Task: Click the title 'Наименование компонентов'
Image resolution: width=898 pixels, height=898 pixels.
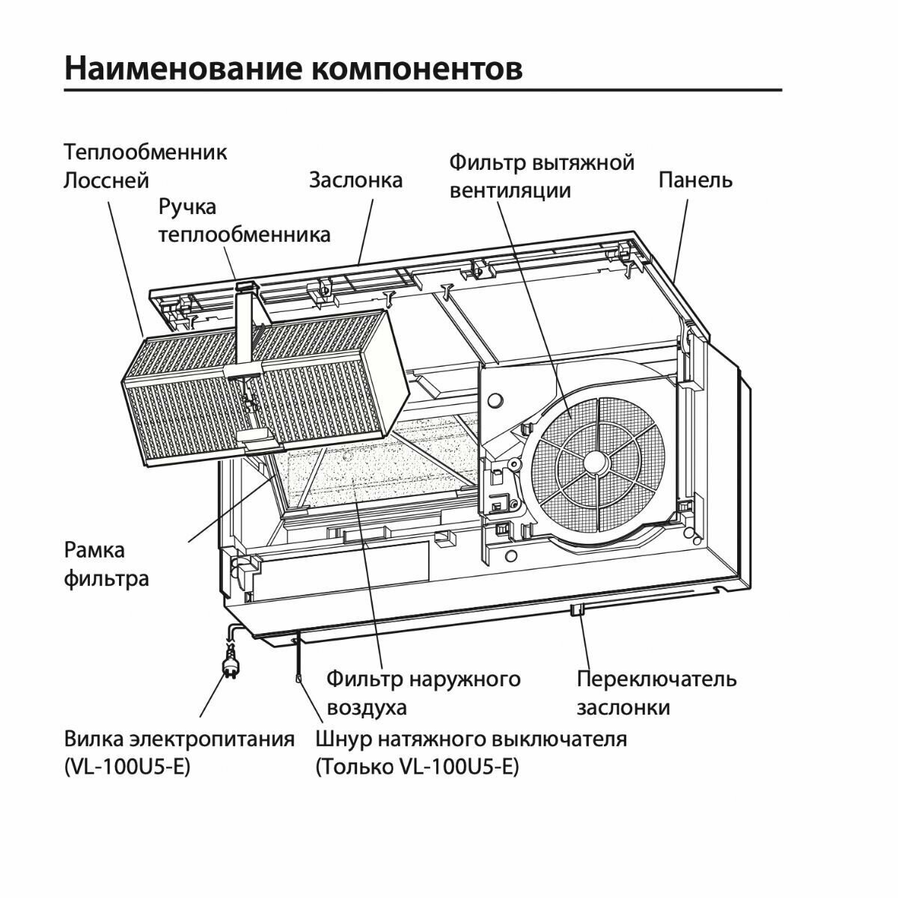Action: click(293, 68)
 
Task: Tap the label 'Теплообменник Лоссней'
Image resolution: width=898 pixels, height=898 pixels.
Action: click(145, 166)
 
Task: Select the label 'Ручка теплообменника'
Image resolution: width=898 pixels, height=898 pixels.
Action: click(244, 220)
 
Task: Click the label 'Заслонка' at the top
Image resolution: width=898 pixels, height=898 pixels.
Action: click(355, 180)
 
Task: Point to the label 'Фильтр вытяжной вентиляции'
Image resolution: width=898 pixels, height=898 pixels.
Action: click(542, 176)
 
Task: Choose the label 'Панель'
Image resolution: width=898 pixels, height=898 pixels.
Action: click(695, 180)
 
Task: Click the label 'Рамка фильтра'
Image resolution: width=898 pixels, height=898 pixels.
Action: click(106, 564)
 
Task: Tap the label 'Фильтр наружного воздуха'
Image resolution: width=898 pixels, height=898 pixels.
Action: click(423, 693)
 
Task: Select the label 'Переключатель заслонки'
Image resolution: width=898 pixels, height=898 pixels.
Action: click(656, 693)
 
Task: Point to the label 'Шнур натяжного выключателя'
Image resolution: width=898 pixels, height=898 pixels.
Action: click(471, 739)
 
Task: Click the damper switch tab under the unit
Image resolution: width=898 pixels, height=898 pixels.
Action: click(576, 610)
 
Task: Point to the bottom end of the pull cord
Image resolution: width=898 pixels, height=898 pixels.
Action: click(299, 679)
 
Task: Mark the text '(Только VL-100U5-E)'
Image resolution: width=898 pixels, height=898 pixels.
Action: click(417, 768)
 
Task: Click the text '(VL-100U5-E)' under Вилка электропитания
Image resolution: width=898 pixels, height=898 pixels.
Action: click(127, 768)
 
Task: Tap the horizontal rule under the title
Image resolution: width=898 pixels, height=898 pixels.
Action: click(423, 90)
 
